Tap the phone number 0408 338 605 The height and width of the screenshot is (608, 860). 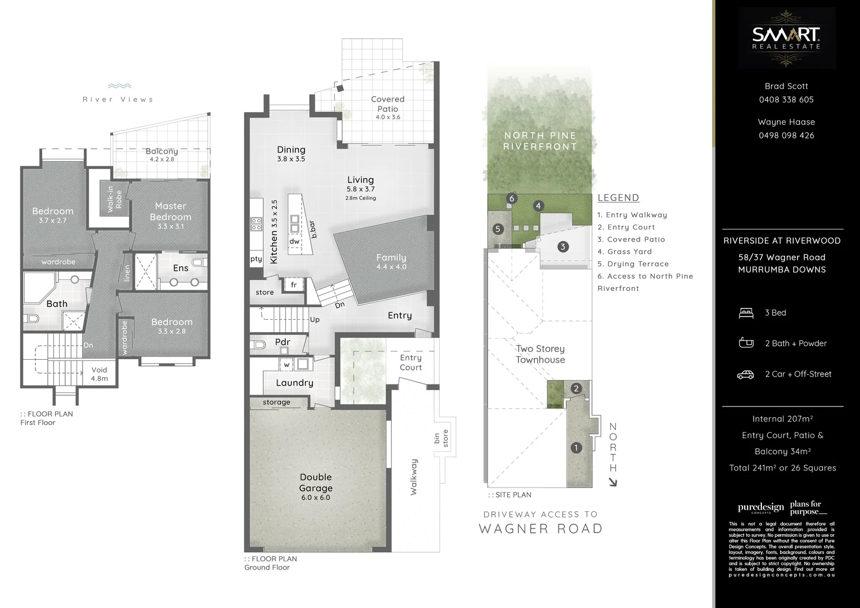pyautogui.click(x=786, y=100)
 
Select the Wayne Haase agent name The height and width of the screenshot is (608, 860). pyautogui.click(x=786, y=122)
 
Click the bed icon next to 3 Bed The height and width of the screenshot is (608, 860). pyautogui.click(x=746, y=313)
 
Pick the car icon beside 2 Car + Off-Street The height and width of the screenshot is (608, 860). pyautogui.click(x=746, y=374)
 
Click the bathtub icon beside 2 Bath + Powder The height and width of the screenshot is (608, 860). pyautogui.click(x=746, y=343)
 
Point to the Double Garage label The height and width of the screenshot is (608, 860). pyautogui.click(x=316, y=483)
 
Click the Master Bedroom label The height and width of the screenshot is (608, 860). pyautogui.click(x=171, y=212)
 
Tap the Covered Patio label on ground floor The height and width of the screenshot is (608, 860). pyautogui.click(x=388, y=104)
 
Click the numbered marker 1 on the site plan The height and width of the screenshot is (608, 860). pyautogui.click(x=576, y=448)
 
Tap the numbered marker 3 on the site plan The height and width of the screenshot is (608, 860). pyautogui.click(x=562, y=247)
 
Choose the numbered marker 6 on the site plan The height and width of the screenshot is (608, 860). pyautogui.click(x=512, y=198)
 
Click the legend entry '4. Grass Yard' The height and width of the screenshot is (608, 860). pyautogui.click(x=624, y=252)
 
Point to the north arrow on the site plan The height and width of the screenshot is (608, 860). pyautogui.click(x=612, y=482)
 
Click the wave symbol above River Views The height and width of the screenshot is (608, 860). pyautogui.click(x=119, y=87)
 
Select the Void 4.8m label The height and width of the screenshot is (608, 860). pyautogui.click(x=99, y=374)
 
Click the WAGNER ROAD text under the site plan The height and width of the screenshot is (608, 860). pyautogui.click(x=540, y=529)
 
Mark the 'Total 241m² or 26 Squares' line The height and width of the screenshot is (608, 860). pyautogui.click(x=782, y=468)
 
